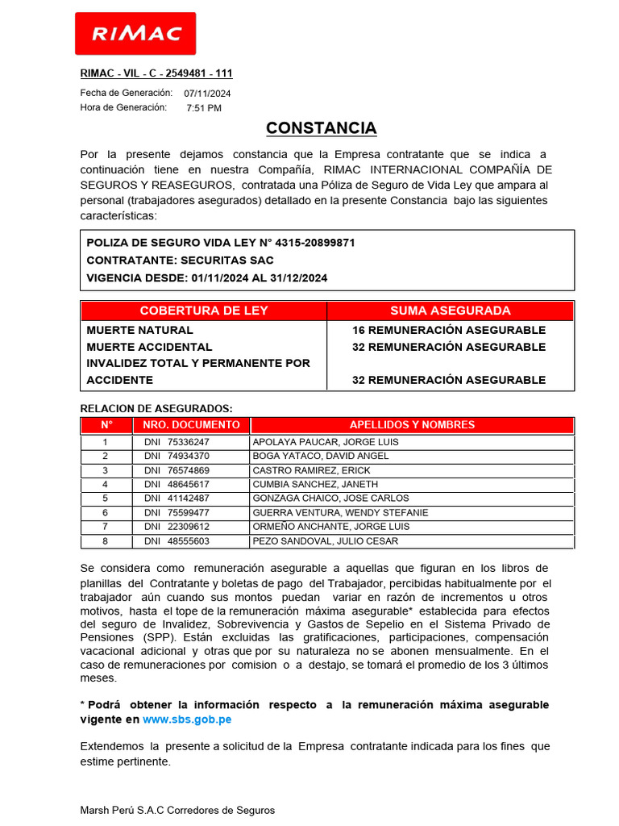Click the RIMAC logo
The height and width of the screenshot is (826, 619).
(x=135, y=34)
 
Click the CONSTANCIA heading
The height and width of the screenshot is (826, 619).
(x=321, y=128)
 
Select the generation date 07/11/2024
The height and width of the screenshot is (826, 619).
(x=207, y=94)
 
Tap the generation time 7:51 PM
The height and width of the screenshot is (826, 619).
(x=204, y=108)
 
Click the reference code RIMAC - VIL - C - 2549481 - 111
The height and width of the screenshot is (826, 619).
(x=156, y=73)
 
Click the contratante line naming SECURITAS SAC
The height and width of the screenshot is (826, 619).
(x=180, y=261)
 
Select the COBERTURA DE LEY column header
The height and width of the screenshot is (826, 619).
(x=204, y=311)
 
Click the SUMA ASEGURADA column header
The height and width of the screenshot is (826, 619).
(x=450, y=311)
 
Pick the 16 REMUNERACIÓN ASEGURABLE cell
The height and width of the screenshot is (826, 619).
(x=449, y=330)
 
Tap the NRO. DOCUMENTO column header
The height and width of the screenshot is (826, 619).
(x=191, y=424)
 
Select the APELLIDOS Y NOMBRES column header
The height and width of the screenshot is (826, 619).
(x=412, y=424)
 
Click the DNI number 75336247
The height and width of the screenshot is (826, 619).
(x=188, y=442)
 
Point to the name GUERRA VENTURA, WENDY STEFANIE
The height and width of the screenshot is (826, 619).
(x=340, y=512)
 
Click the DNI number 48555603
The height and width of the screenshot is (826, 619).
(x=188, y=541)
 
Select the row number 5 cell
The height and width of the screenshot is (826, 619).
(x=105, y=499)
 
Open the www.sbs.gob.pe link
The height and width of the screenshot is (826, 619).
(x=187, y=720)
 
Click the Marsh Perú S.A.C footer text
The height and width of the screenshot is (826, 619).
(x=177, y=810)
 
